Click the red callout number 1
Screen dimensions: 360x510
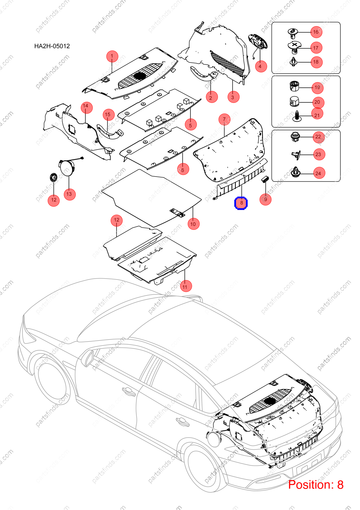pos(112,56)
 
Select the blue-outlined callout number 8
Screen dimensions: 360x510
pos(241,203)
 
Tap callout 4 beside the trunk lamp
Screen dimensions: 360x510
pos(261,66)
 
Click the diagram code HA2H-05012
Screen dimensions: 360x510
pos(52,46)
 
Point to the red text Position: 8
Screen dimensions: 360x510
pos(316,484)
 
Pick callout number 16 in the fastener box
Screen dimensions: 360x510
pos(316,32)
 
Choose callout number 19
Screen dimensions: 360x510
pos(317,88)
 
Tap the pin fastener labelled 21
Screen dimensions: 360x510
pos(297,116)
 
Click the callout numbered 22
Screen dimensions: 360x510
pos(318,137)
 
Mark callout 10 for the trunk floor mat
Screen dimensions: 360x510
pos(193,224)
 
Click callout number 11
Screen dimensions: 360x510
pos(185,287)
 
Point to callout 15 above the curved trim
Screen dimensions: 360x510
pos(108,114)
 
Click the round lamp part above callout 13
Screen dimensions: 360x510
pos(67,168)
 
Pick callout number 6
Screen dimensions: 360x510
pos(183,170)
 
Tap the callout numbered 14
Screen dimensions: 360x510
pos(86,106)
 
